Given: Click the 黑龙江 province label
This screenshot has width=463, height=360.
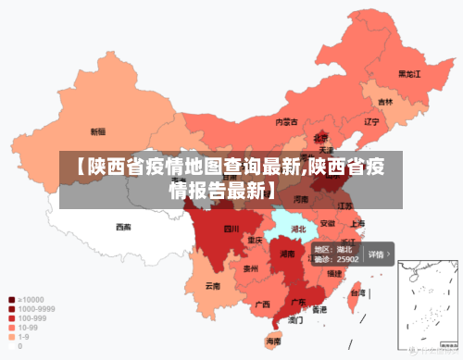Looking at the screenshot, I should point(409,73).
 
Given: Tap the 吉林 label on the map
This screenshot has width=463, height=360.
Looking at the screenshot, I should point(384,102).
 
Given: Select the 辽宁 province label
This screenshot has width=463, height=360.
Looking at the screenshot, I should point(371,121).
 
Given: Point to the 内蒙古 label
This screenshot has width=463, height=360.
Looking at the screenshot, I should point(287,121).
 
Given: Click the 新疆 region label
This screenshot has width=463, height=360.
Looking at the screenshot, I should point(97,131).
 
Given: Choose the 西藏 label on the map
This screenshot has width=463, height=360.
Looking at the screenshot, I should point(123,226).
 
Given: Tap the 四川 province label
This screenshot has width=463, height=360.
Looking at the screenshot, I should point(231,228).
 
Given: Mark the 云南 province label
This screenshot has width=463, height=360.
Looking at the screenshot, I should point(213,286).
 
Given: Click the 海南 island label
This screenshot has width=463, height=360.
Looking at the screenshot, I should point(273,342).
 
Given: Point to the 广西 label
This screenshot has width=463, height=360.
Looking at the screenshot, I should point(262,304).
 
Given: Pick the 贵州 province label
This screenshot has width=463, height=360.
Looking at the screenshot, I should point(250,269).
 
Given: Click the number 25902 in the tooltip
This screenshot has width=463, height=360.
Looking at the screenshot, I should point(346,260).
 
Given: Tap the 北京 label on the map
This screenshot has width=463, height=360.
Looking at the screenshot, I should point(320,137).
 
